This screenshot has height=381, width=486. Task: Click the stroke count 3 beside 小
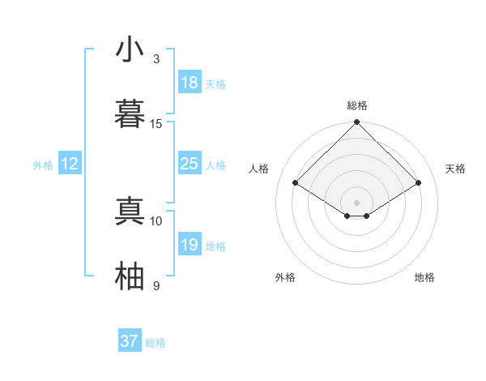coord(156,59)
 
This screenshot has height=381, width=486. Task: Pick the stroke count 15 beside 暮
coord(156,123)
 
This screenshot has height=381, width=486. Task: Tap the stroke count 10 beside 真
coord(156,220)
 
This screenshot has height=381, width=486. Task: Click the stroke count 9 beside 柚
coord(156,285)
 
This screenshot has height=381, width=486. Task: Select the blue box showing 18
coord(189,83)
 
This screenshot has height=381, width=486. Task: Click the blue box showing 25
coord(189,164)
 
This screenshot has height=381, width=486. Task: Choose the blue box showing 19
coord(189,245)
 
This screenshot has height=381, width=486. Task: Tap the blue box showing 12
coord(70,164)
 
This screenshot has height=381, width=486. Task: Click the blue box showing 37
coord(129,341)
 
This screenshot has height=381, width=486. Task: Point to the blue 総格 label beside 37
coord(156,343)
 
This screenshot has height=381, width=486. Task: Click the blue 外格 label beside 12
coord(43,165)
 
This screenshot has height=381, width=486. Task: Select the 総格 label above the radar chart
coord(357,105)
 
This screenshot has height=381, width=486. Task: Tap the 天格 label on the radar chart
coord(456,169)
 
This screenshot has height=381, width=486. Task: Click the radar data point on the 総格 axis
coord(357,123)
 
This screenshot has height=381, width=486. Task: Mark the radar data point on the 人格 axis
coord(296,183)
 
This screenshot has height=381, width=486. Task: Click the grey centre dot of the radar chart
coord(357,201)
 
